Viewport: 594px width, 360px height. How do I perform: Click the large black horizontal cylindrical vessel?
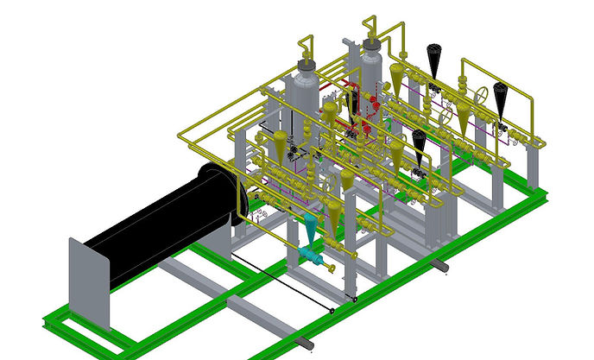pos(164,226)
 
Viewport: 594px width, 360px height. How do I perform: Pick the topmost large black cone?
pos(434,58)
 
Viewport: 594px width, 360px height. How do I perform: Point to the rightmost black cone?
pos(501,97)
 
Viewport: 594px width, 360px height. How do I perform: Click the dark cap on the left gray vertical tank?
pos(306,64)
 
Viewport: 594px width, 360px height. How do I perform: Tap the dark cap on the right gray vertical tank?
pos(372,41)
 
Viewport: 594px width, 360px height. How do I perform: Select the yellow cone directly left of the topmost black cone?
pos(397,76)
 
